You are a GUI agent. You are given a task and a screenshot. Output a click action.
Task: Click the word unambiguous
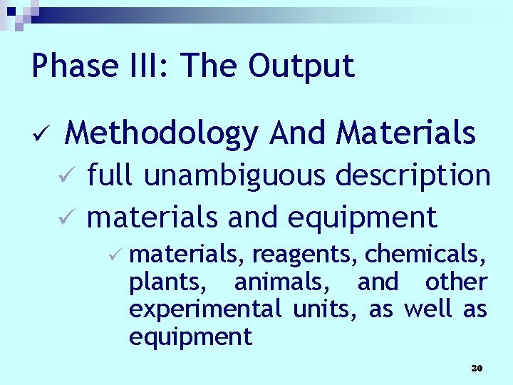[235, 176]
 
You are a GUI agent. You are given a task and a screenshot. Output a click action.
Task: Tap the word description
[413, 176]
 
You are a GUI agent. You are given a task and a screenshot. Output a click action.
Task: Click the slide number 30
[477, 368]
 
